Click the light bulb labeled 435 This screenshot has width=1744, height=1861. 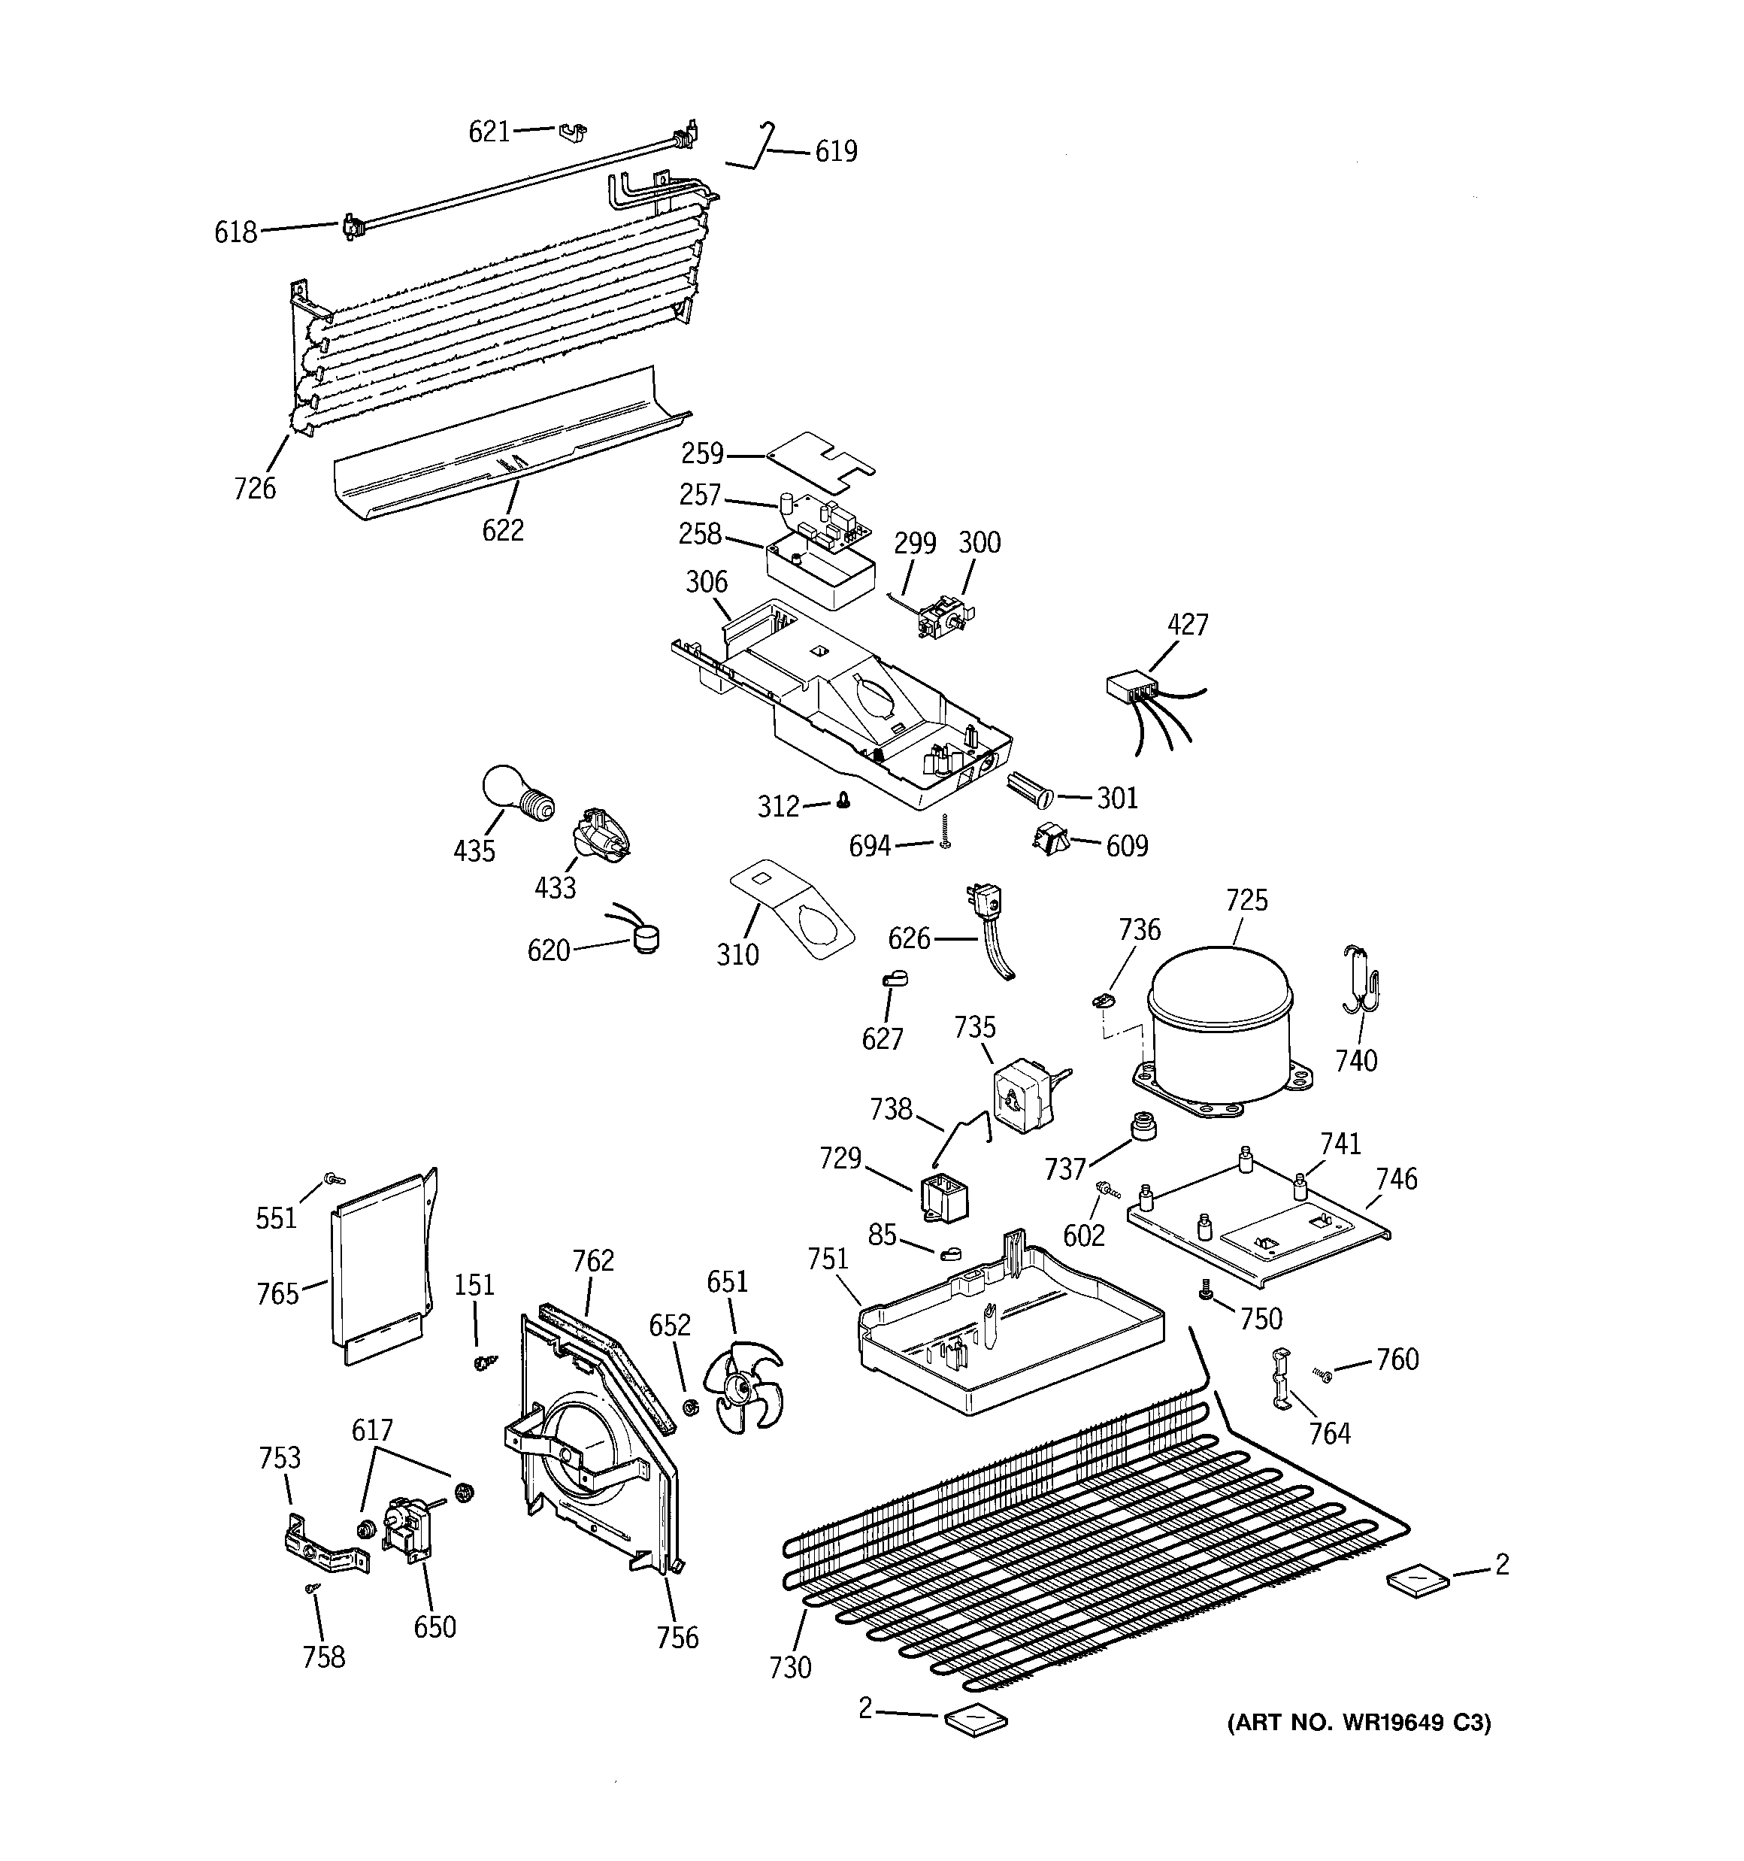(515, 795)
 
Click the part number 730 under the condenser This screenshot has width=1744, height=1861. (790, 1667)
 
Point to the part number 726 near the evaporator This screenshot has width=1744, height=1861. (255, 488)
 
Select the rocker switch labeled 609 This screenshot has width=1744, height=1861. (1050, 840)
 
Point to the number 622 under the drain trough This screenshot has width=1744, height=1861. (503, 531)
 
